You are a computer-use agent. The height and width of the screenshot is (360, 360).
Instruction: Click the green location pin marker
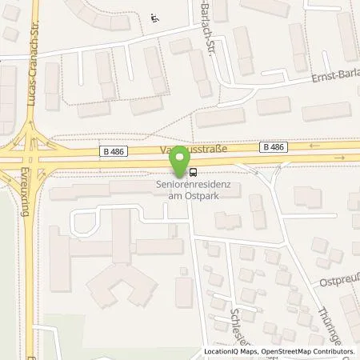[182, 158]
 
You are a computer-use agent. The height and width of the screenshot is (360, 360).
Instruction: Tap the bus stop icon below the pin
[193, 172]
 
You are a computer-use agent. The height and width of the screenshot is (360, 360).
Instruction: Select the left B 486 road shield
[113, 150]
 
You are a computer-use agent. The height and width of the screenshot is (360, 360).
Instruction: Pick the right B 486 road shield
[272, 147]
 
